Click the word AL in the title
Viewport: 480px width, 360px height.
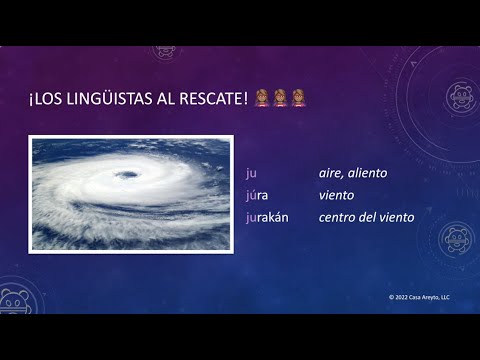click(x=158, y=98)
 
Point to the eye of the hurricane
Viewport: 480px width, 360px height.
click(x=127, y=175)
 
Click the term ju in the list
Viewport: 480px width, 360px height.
click(x=251, y=173)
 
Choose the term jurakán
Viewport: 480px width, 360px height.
click(x=267, y=217)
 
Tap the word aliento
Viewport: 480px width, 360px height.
click(x=370, y=173)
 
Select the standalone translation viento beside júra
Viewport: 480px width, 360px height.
click(x=337, y=195)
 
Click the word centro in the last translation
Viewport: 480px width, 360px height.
click(x=340, y=217)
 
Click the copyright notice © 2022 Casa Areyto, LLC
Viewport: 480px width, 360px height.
click(x=419, y=297)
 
